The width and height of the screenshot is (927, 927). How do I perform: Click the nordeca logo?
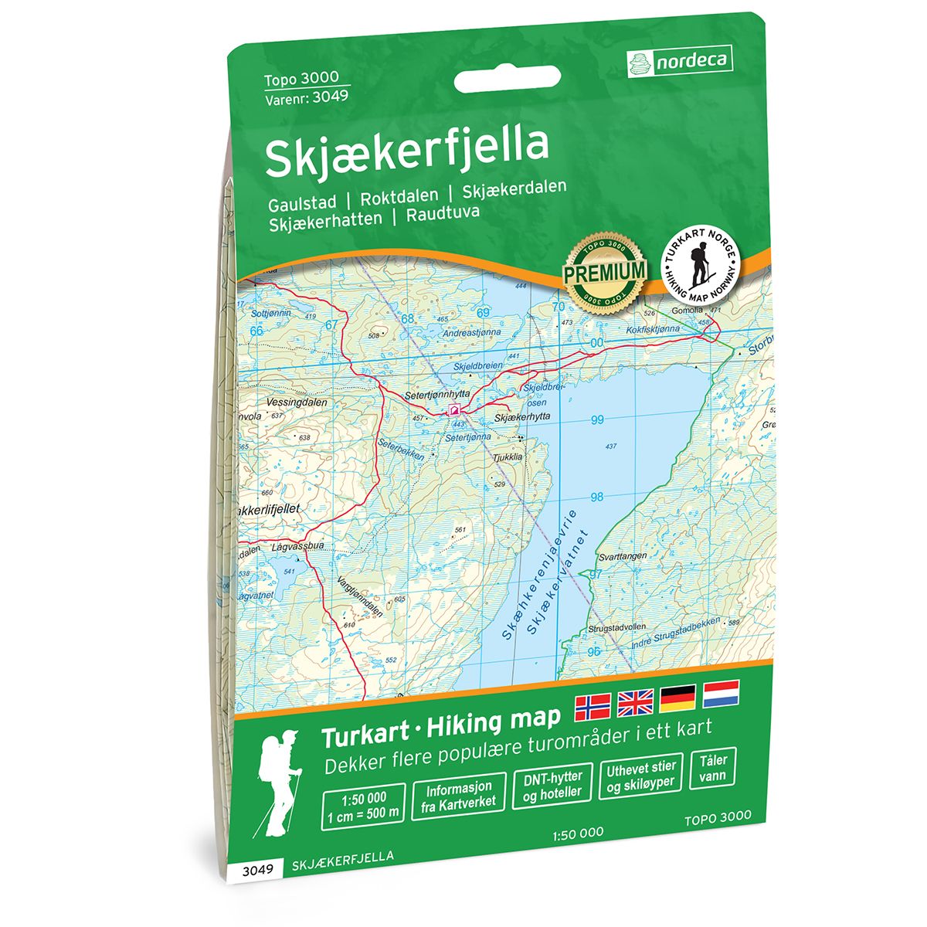(x=679, y=60)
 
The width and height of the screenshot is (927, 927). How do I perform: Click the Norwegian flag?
(x=593, y=705)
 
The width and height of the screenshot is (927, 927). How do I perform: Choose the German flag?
(x=677, y=698)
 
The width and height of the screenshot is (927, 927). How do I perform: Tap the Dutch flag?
(x=720, y=693)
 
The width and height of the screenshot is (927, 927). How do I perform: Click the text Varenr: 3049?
(x=306, y=97)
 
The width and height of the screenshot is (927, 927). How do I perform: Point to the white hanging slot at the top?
(x=506, y=79)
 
